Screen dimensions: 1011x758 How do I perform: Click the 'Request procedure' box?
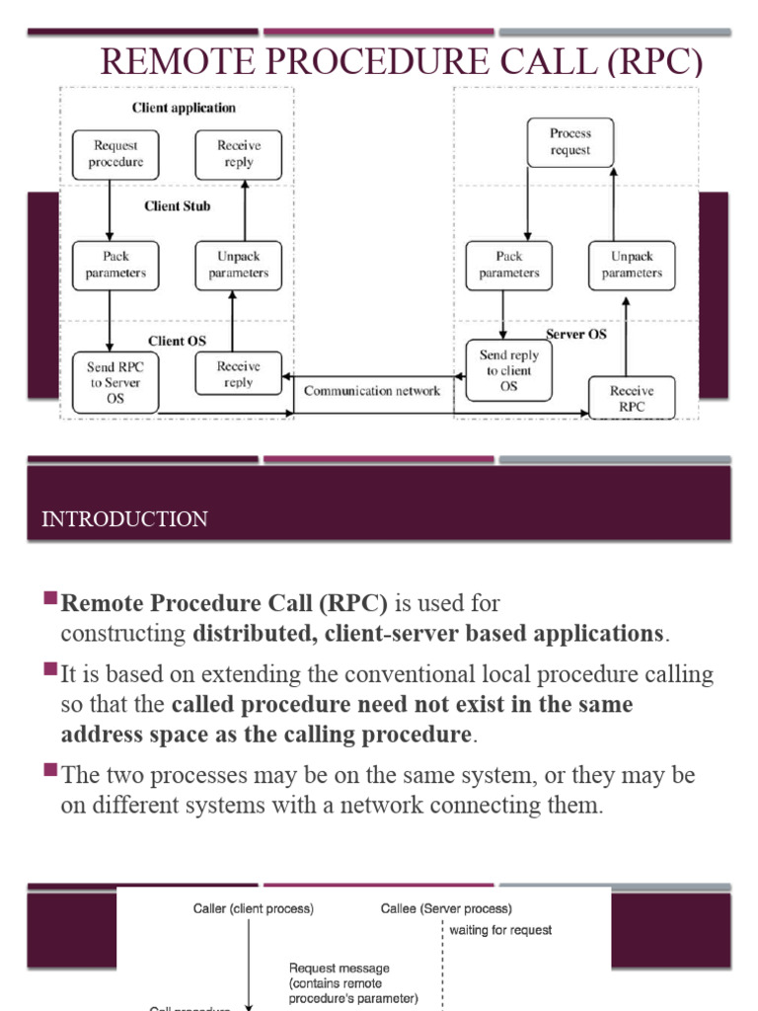[116, 154]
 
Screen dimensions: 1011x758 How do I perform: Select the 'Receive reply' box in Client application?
[238, 154]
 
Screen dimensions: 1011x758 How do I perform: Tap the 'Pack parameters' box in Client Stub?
[114, 265]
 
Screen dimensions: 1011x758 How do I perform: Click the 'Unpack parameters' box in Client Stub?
[238, 265]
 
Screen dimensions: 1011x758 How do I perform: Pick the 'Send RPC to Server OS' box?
[114, 383]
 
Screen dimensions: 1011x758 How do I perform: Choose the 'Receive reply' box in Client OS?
[238, 374]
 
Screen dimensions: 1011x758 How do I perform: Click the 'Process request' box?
[570, 142]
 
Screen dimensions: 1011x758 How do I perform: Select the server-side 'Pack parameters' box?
[509, 265]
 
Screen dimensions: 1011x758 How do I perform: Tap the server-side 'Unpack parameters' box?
[632, 265]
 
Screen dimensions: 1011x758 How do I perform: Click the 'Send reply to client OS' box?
[508, 371]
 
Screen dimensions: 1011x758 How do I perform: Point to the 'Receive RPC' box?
[632, 398]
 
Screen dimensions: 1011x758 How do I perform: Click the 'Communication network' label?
[372, 391]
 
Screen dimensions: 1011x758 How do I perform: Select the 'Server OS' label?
[576, 335]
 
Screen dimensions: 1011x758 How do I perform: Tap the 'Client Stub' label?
[178, 206]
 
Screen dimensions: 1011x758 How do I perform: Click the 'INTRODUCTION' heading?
[124, 519]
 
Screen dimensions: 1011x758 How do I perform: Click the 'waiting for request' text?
[500, 930]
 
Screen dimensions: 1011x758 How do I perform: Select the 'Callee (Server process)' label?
[446, 908]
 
